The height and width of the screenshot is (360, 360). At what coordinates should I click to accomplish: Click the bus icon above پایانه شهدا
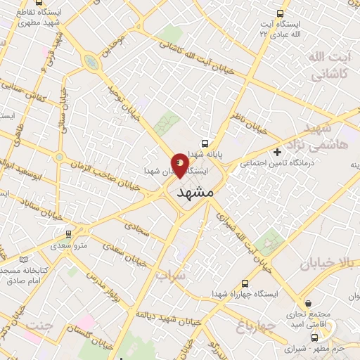pos(205,143)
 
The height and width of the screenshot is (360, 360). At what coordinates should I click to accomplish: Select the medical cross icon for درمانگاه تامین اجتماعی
pos(278,151)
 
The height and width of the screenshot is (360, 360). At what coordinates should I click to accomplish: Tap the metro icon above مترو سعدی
pos(68,234)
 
